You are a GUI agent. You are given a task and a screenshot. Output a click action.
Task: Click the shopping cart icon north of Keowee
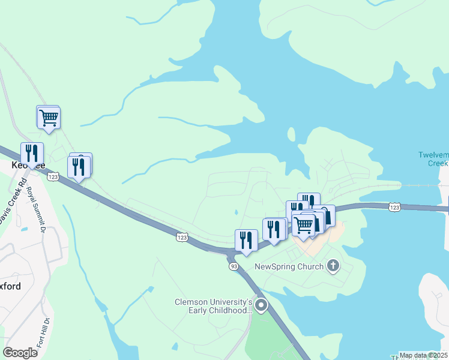pyautogui.click(x=48, y=118)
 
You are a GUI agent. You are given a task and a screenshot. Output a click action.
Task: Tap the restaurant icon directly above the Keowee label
pyautogui.click(x=31, y=153)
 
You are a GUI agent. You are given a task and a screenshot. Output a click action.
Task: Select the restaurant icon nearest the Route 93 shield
pyautogui.click(x=246, y=240)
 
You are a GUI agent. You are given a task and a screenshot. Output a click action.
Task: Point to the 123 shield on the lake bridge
pyautogui.click(x=394, y=206)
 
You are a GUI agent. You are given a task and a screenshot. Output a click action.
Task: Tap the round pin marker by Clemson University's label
pyautogui.click(x=261, y=306)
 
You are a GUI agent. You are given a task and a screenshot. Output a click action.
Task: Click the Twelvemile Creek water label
pyautogui.click(x=433, y=159)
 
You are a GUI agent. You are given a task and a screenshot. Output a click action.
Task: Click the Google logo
pyautogui.click(x=20, y=353)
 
